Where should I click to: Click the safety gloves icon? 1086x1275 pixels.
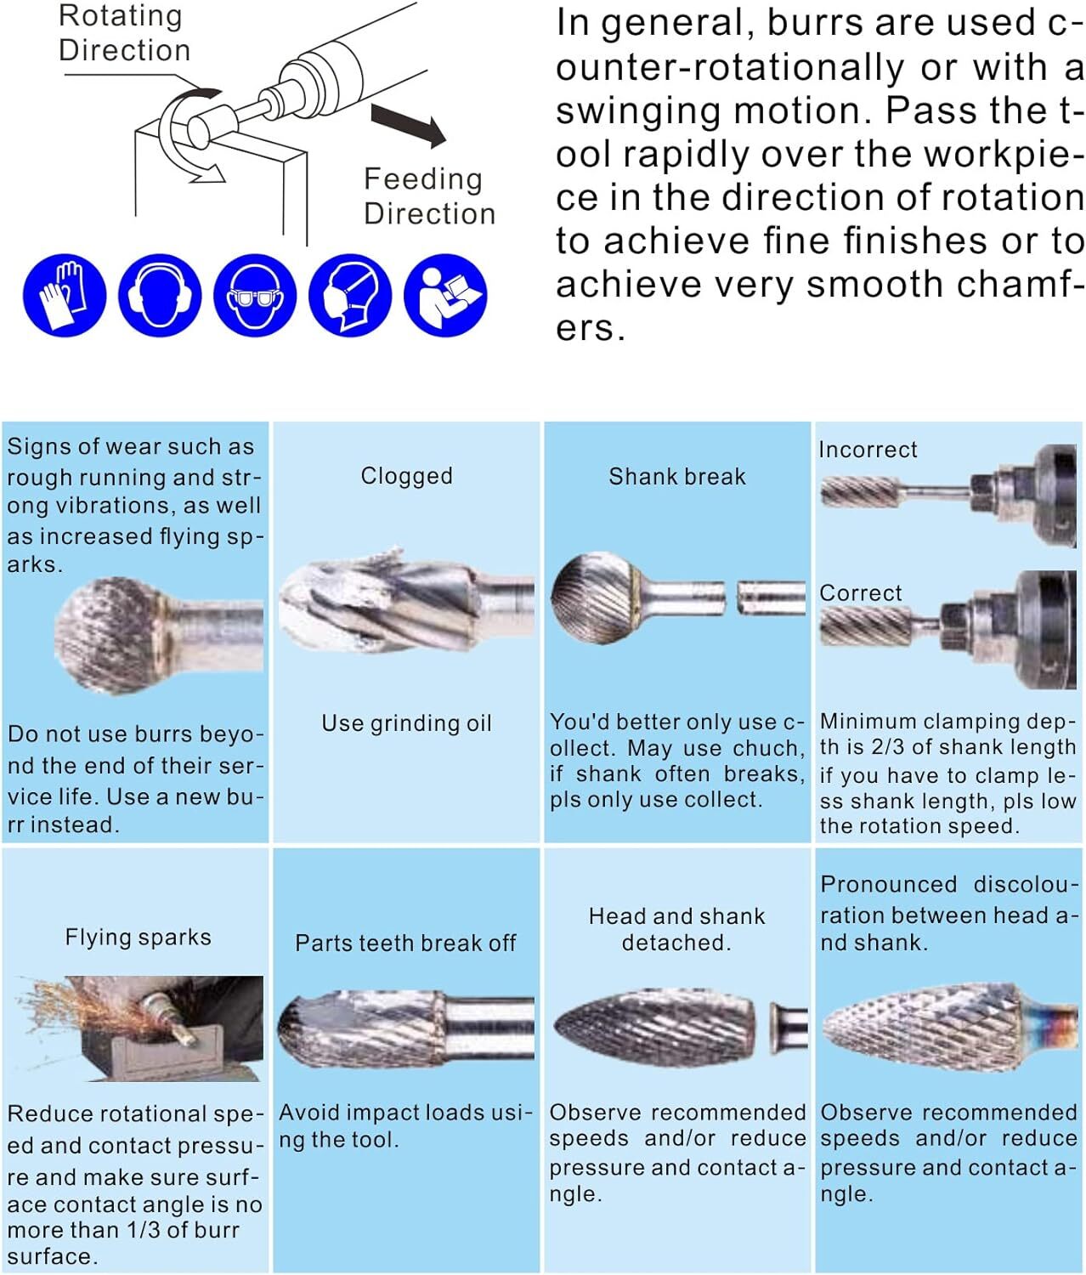[65, 295]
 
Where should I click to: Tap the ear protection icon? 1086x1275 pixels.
[159, 295]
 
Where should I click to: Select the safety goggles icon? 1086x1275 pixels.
[254, 295]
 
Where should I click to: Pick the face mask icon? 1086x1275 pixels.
[349, 295]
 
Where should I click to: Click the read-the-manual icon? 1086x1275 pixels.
[444, 295]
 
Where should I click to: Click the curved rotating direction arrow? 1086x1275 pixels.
[183, 136]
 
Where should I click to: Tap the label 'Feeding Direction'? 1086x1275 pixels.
[429, 195]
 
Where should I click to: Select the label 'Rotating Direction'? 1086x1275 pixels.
[123, 33]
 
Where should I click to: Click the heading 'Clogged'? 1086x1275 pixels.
[406, 476]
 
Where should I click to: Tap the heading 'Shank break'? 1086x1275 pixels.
[677, 476]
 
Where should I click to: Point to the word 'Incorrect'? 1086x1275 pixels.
[868, 450]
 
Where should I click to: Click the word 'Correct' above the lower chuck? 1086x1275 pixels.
[860, 592]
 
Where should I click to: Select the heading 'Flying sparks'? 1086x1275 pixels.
[138, 937]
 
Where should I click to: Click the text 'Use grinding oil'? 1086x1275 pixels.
[406, 723]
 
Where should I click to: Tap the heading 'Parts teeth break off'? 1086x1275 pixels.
[405, 943]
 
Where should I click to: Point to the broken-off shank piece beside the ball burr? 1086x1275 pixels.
[771, 597]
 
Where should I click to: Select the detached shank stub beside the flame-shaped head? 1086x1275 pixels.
[788, 1026]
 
